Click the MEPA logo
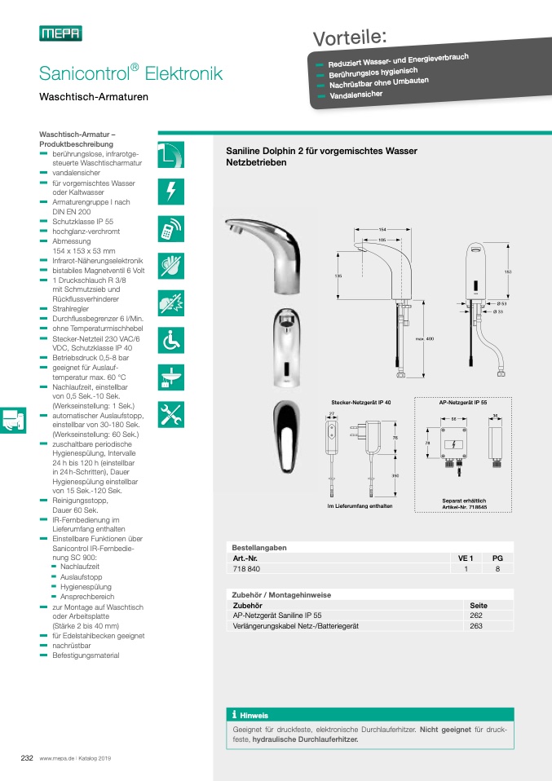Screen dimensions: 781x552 60,33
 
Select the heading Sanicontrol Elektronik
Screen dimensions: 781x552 130,74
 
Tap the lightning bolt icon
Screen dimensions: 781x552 170,192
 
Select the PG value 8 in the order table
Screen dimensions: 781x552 497,569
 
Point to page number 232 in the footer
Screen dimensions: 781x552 26,757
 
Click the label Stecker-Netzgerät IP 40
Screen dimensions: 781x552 361,403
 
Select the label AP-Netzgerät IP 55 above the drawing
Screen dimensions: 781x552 463,403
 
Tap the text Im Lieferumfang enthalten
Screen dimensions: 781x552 360,506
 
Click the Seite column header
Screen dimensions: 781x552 479,605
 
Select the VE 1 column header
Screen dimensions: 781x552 466,558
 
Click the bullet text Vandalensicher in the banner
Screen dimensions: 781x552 356,95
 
